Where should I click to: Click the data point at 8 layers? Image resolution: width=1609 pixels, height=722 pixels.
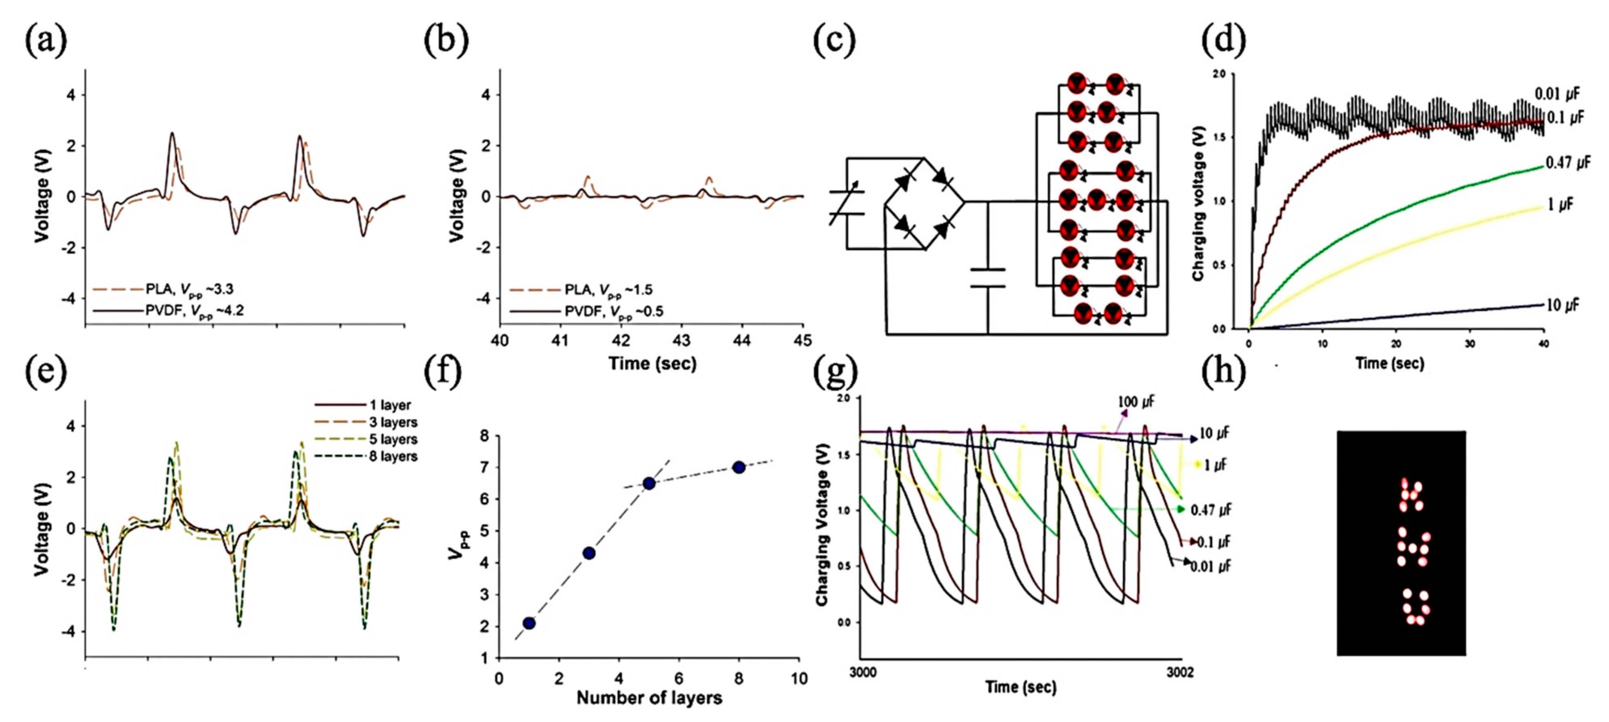point(739,467)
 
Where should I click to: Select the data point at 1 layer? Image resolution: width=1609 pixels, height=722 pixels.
point(529,623)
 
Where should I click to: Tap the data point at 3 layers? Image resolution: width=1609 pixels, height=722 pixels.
point(588,553)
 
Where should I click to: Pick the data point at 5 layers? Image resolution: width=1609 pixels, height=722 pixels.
point(649,483)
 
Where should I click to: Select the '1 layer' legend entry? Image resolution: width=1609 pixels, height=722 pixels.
point(390,405)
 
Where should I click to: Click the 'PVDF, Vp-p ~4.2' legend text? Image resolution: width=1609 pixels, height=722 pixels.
point(194,311)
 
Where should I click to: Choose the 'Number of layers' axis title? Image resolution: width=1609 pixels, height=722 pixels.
point(649,698)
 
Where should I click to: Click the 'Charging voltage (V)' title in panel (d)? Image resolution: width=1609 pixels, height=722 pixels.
point(1197,202)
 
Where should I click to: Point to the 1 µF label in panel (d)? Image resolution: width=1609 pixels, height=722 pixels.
point(1560,204)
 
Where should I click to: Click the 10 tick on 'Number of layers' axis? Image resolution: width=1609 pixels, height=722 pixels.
point(799,678)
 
